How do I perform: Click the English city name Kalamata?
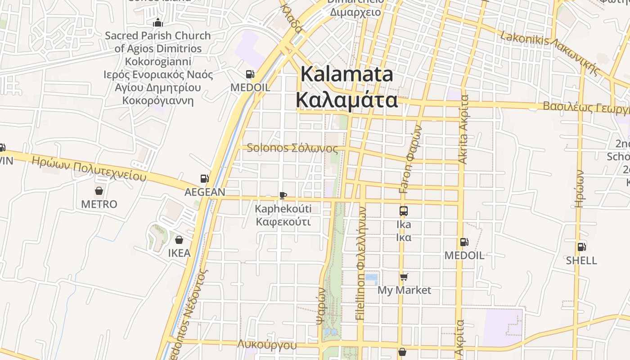point(347,74)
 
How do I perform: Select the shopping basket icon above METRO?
point(99,191)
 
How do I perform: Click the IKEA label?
point(179,253)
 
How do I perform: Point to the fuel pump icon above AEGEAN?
point(205,179)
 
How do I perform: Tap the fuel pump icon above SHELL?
point(581,247)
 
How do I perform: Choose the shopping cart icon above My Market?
point(404,277)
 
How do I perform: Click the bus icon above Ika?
point(404,211)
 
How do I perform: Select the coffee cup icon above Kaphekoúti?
point(283,195)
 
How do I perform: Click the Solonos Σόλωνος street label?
point(292,148)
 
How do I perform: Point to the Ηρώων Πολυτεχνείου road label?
point(89,168)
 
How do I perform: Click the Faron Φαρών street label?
point(411,159)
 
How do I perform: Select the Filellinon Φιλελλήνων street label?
point(361,263)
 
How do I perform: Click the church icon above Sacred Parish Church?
point(158,22)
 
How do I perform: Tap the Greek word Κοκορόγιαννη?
point(158,100)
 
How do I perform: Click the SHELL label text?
point(581,261)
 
